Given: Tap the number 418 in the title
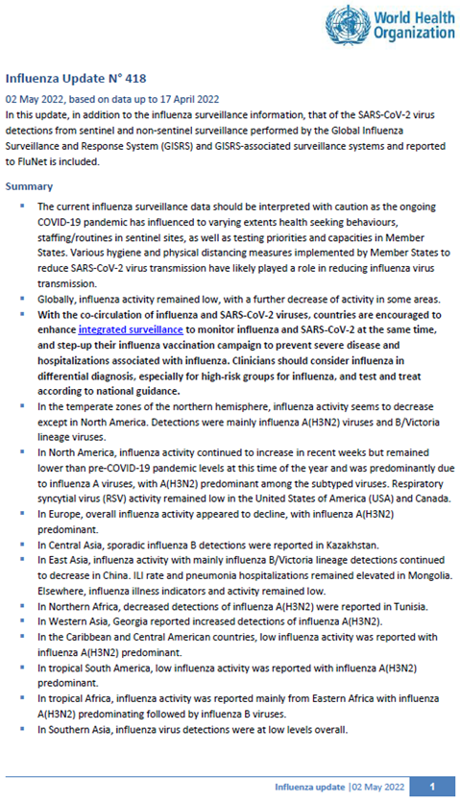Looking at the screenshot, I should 132,77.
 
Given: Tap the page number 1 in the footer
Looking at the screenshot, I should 432,787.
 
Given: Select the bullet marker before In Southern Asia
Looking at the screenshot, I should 21,730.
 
